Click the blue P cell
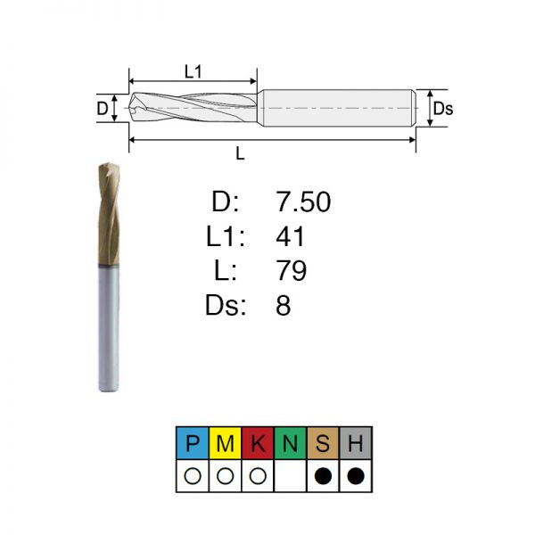pos(193,443)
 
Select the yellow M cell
pos(226,443)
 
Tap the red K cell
pos(258,443)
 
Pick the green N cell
pos(291,443)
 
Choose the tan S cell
pos(323,443)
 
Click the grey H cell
pos(356,443)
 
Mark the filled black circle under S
pos(323,475)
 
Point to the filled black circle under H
pos(356,475)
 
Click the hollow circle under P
pos(193,475)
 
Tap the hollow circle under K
pos(258,475)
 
